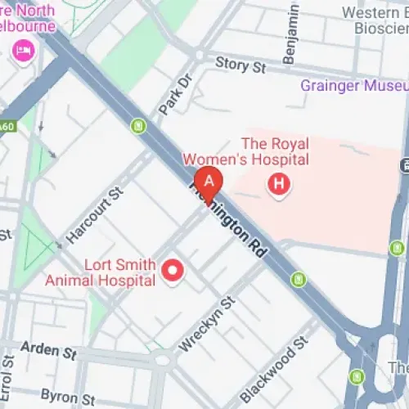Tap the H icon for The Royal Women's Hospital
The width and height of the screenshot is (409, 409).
point(279,186)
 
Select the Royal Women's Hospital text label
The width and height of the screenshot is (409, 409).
point(245,151)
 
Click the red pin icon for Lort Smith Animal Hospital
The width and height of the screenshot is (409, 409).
point(173,271)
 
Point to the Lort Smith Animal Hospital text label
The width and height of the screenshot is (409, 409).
point(119,273)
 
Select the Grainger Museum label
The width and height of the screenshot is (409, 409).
point(353,86)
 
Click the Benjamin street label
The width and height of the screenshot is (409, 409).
point(290,41)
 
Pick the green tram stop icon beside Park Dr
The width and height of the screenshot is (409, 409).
point(139,126)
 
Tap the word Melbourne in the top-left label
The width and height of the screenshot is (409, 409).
point(29,25)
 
